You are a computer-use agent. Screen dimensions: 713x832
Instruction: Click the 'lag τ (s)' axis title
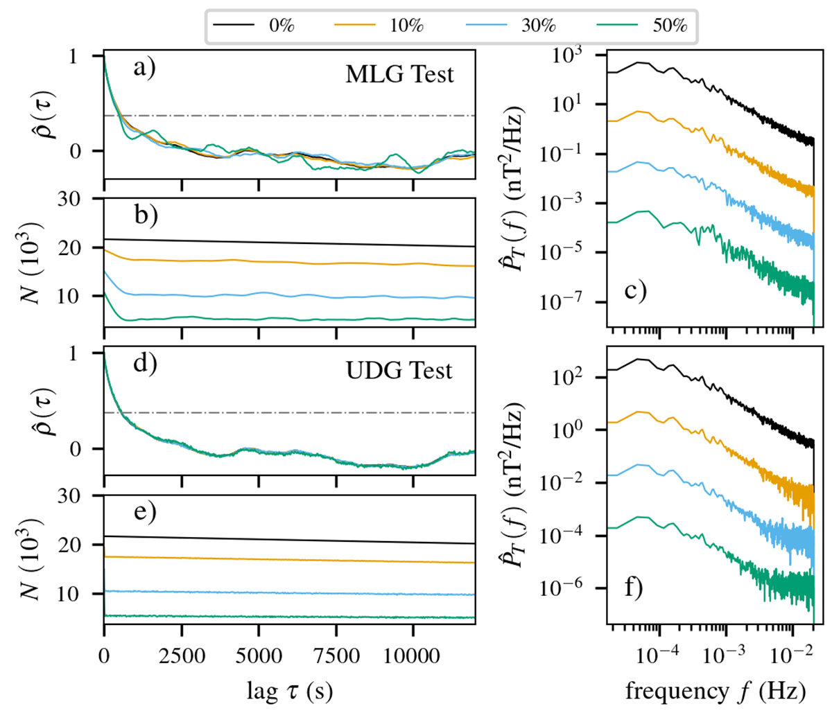tap(289, 690)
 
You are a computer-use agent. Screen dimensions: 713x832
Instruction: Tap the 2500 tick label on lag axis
tap(182, 655)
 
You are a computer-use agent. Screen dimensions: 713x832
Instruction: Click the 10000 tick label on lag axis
tap(413, 655)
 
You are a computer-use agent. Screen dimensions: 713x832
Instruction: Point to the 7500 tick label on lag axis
tap(336, 655)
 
